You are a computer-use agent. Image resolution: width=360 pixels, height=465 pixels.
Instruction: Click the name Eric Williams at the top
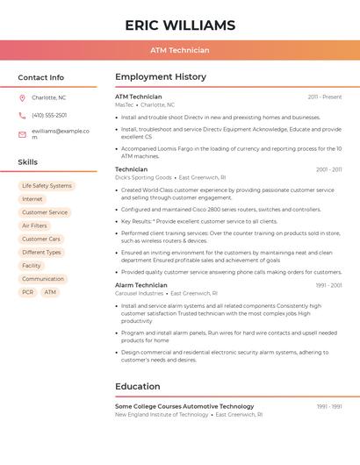[x=180, y=25]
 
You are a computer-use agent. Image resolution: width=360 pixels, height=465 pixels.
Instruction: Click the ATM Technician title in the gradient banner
[x=180, y=50]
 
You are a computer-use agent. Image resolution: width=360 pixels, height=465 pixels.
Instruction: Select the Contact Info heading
[x=41, y=77]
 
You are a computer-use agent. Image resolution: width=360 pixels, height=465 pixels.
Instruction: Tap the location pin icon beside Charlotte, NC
[x=22, y=98]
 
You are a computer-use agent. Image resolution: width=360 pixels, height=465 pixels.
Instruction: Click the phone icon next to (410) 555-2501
[x=22, y=116]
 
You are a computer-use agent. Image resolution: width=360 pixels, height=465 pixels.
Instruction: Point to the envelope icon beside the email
[x=22, y=133]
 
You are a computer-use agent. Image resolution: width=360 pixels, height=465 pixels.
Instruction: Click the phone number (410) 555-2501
[x=49, y=116]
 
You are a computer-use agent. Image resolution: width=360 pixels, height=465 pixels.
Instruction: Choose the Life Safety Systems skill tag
[x=47, y=186]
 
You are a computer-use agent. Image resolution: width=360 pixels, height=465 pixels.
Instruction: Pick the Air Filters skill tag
[x=34, y=225]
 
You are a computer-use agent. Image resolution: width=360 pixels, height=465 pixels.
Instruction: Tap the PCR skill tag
[x=28, y=292]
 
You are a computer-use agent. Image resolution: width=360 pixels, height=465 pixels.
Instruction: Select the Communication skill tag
[x=43, y=279]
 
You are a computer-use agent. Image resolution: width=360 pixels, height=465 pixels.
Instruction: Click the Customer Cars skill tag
[x=41, y=239]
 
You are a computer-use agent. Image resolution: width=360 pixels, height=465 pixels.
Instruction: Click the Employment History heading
[x=161, y=77]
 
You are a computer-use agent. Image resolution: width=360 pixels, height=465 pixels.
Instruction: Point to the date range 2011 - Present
[x=325, y=97]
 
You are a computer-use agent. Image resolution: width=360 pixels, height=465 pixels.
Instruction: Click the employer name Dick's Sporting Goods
[x=143, y=177]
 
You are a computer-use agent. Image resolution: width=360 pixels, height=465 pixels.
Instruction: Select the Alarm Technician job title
[x=140, y=285]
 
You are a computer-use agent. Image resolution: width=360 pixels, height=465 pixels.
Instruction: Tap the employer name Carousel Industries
[x=139, y=293]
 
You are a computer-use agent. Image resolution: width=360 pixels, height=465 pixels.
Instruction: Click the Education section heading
[x=138, y=386]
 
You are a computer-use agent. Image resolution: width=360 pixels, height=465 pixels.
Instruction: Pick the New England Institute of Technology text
[x=162, y=414]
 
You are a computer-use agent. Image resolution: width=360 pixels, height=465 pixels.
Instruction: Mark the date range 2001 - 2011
[x=328, y=169]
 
